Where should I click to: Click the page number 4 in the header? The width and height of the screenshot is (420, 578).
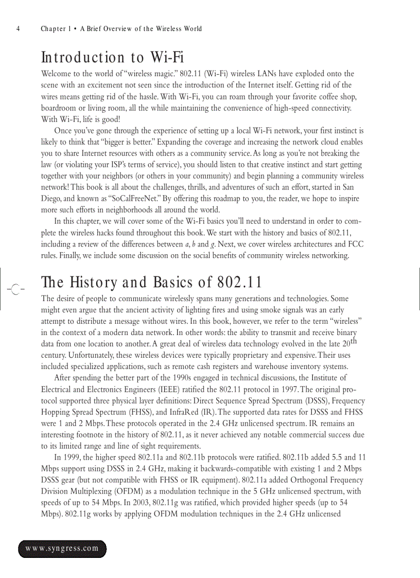coord(18,29)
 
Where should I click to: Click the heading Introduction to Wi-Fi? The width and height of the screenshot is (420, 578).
coord(112,57)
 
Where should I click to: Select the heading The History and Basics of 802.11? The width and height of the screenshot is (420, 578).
coord(151,283)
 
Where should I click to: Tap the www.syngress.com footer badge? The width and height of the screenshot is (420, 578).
coord(62,548)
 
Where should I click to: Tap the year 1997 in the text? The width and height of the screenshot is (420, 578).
coord(299,389)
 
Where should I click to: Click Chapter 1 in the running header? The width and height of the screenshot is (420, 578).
coord(56,29)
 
